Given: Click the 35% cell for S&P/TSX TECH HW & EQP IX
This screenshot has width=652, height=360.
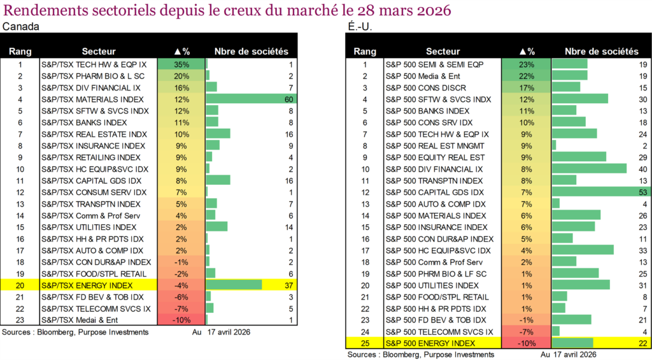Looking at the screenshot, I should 181,64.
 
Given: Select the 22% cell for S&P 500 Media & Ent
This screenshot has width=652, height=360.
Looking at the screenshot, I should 526,76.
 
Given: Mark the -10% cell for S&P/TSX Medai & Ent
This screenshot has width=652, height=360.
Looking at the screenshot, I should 181,320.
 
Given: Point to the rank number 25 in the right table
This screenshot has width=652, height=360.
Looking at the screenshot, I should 365,343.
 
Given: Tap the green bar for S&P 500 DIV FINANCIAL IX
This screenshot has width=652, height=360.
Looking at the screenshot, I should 590,169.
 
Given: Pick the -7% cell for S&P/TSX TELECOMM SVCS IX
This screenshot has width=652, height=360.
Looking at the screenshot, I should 181,308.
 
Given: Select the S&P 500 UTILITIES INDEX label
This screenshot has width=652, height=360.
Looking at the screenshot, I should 432,285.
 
